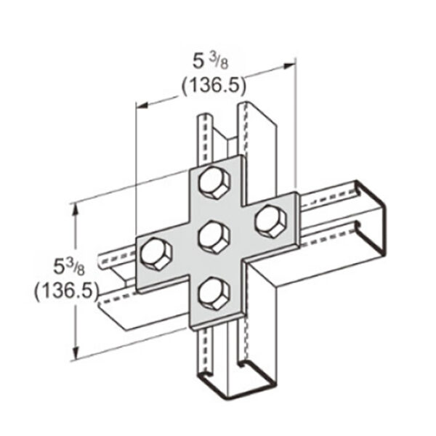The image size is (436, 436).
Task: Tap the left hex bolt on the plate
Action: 155,254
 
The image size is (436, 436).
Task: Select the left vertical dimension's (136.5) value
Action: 66,291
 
